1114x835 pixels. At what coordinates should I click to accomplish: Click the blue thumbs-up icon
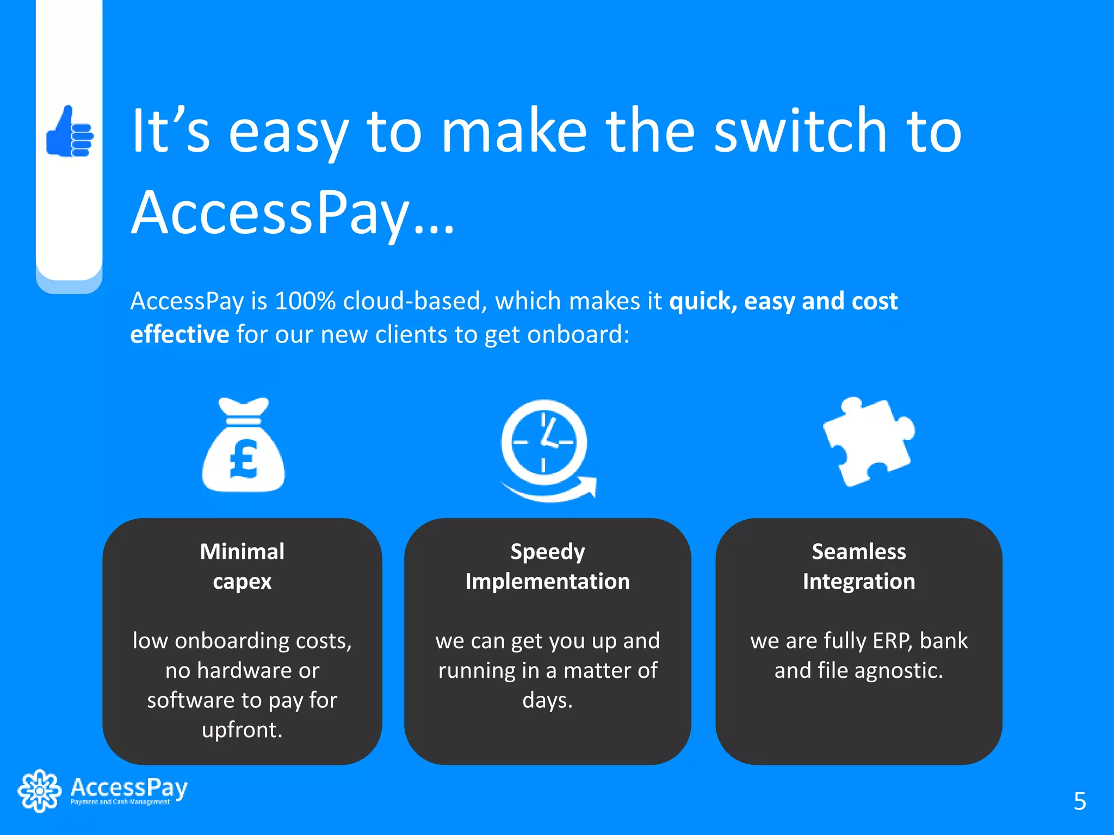pyautogui.click(x=70, y=132)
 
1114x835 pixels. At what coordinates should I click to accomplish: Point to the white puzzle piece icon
pyautogui.click(x=868, y=441)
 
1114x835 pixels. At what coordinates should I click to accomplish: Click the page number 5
pyautogui.click(x=1080, y=801)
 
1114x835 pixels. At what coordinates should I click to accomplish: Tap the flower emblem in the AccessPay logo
pyautogui.click(x=39, y=790)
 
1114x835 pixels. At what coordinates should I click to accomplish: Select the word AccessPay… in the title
pyautogui.click(x=292, y=213)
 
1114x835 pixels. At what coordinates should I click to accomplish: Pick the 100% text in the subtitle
pyautogui.click(x=305, y=301)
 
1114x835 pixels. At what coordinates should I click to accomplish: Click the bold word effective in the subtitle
pyautogui.click(x=180, y=334)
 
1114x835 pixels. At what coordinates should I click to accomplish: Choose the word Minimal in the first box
pyautogui.click(x=242, y=552)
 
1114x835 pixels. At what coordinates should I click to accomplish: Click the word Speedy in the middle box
pyautogui.click(x=547, y=552)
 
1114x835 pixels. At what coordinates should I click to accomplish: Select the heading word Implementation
pyautogui.click(x=547, y=582)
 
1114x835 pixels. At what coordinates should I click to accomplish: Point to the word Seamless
pyautogui.click(x=858, y=552)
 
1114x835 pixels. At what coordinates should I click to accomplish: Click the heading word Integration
pyautogui.click(x=858, y=582)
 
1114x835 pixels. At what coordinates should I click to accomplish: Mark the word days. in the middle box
pyautogui.click(x=547, y=700)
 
